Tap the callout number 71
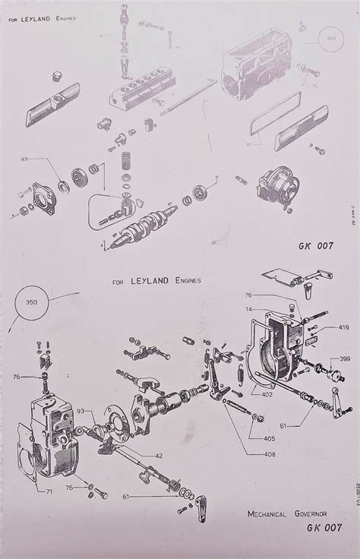pyautogui.click(x=49, y=492)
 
